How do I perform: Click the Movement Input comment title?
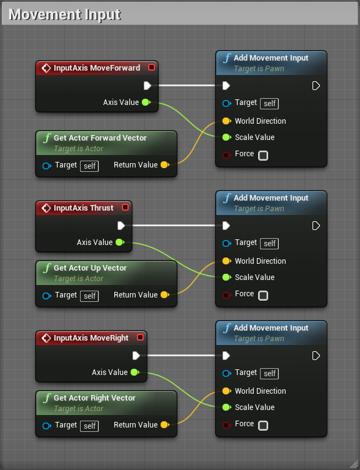[65, 14]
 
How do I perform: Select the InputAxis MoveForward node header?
[97, 67]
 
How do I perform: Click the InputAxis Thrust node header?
[84, 207]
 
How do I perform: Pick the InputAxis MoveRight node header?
[91, 337]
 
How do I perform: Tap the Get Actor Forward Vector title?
[100, 137]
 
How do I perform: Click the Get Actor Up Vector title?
[90, 267]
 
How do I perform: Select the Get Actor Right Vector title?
[94, 397]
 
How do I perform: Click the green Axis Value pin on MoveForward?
[146, 102]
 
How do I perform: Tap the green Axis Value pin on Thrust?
[119, 242]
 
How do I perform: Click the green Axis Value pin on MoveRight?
[134, 372]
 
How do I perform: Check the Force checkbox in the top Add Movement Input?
[263, 155]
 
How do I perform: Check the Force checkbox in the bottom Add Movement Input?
[263, 425]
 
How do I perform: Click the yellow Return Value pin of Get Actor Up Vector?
[164, 295]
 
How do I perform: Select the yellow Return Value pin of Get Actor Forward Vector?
[164, 165]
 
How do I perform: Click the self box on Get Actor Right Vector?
[90, 426]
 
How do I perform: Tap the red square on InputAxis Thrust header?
[125, 207]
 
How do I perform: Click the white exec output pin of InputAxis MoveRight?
[136, 356]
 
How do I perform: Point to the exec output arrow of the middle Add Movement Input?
[316, 226]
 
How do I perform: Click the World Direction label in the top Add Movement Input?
[260, 121]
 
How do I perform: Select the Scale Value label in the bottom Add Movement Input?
[254, 407]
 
